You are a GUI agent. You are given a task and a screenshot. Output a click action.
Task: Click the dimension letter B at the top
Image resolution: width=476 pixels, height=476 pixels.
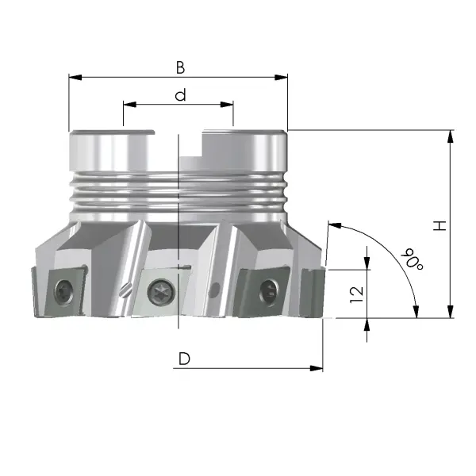pos(180,67)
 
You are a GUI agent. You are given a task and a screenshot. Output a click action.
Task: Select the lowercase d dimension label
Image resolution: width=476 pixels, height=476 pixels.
pos(180,95)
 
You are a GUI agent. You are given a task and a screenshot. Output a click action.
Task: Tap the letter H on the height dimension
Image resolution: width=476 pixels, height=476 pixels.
pos(440,226)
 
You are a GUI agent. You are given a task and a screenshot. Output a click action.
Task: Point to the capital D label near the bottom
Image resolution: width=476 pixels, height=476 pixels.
pos(184,359)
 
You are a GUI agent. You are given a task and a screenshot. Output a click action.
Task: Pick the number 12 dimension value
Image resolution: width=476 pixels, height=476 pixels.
pos(357,294)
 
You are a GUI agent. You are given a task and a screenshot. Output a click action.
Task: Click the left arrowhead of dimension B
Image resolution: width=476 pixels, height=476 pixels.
pos(75,78)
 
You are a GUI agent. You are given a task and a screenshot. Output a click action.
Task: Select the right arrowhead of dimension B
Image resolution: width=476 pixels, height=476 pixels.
pos(281,78)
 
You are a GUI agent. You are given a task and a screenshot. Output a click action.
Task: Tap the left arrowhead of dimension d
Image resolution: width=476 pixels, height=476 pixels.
pos(129,105)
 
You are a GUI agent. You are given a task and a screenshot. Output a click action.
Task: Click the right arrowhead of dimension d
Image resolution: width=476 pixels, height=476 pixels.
pos(227,105)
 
